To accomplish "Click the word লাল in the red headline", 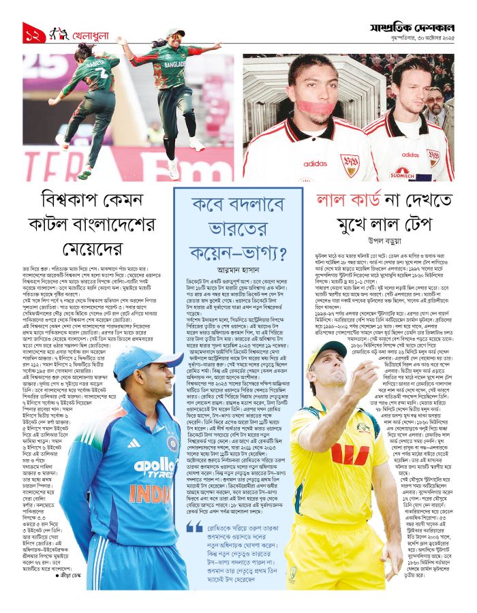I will point(335,202).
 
